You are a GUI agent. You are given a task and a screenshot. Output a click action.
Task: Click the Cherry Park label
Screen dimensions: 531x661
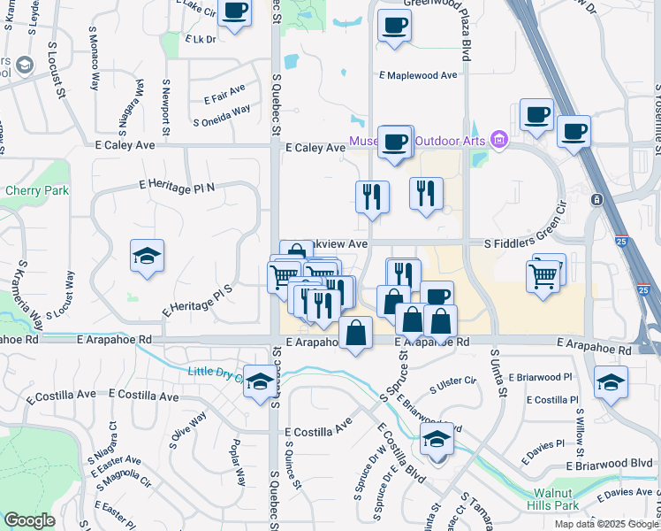coord(30,189)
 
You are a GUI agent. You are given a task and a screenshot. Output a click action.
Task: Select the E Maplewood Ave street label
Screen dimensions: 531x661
coord(419,75)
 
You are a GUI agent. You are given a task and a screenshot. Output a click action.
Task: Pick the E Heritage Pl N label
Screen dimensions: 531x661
coord(177,185)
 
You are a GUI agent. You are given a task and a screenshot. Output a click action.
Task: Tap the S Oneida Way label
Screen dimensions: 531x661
coord(221,117)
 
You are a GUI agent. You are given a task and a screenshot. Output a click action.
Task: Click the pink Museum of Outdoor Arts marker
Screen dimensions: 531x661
coord(499,139)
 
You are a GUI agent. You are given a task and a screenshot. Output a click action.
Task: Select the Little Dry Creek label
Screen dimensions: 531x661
coord(216,372)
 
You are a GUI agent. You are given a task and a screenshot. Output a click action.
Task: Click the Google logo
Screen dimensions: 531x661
coord(29,520)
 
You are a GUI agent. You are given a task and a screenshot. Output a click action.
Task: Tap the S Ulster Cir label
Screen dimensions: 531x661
coord(453,384)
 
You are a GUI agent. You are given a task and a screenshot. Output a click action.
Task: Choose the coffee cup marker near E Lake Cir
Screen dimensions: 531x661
coord(234,13)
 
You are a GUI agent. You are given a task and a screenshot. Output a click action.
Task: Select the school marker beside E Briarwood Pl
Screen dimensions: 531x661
coord(610,382)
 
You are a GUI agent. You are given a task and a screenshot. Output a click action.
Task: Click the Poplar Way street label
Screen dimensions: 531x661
coord(237,461)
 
